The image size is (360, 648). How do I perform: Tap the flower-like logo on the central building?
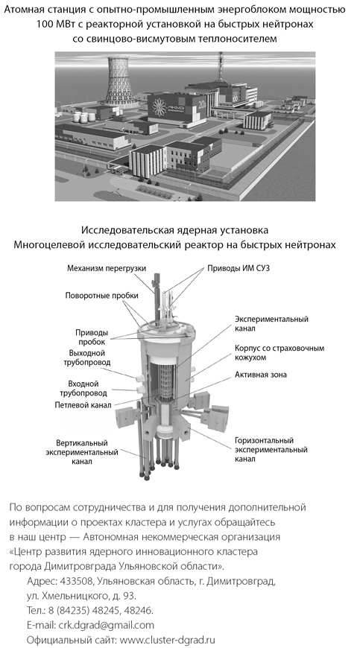click(159, 107)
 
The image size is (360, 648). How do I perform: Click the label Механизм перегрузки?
click(107, 268)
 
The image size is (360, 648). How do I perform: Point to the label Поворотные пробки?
click(101, 296)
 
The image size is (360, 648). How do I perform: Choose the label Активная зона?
click(260, 375)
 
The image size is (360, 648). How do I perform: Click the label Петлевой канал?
click(83, 404)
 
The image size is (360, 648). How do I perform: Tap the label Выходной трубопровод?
click(89, 358)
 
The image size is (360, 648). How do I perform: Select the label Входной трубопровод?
click(88, 389)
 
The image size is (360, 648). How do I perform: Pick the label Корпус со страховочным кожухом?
click(280, 352)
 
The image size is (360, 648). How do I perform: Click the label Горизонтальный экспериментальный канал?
click(271, 450)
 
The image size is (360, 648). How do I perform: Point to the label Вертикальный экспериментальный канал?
click(82, 452)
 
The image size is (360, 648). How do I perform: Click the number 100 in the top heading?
click(44, 25)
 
